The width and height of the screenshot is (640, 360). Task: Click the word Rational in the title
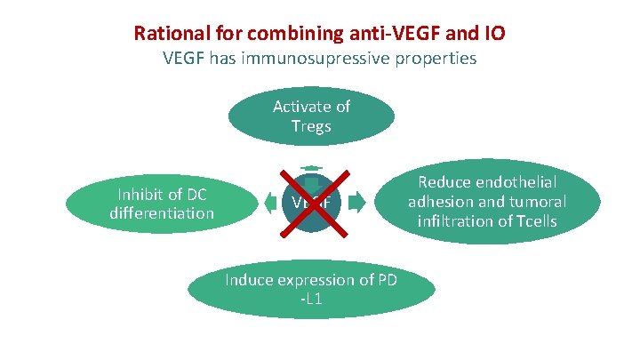click(168, 35)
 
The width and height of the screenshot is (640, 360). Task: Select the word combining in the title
click(282, 35)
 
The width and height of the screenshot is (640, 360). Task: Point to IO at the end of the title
click(494, 35)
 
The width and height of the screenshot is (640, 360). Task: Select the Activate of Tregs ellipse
click(311, 116)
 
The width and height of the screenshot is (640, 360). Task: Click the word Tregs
click(311, 127)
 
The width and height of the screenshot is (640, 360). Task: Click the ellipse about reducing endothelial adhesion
click(487, 202)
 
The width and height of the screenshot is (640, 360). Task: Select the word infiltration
click(468, 221)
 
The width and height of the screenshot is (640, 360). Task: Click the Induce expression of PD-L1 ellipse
click(310, 290)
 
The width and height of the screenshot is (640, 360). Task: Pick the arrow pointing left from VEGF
click(270, 204)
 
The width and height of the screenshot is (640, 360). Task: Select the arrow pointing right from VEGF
click(356, 203)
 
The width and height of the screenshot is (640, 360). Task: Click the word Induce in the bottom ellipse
click(249, 280)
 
